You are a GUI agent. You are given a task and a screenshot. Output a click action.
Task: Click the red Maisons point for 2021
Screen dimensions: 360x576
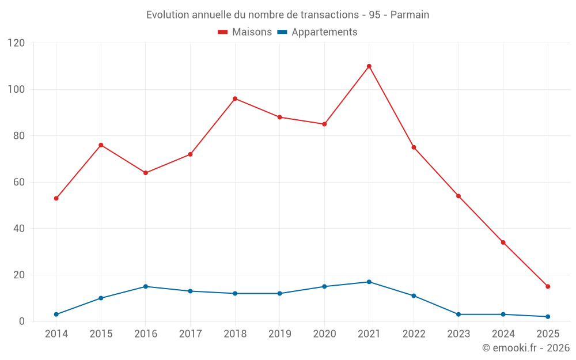click(x=369, y=66)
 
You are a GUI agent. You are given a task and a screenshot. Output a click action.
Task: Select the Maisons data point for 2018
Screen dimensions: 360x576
click(x=235, y=98)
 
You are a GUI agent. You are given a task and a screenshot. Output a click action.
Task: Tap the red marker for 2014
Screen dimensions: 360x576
click(x=56, y=198)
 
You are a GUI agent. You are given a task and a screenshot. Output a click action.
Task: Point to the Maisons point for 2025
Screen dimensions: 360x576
click(x=548, y=286)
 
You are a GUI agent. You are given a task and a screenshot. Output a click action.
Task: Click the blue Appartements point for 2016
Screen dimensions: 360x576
click(x=146, y=286)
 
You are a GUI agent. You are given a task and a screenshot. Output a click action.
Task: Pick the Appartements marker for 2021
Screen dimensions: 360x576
click(x=369, y=282)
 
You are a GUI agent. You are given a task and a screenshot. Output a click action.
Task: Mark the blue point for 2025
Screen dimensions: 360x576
click(x=548, y=316)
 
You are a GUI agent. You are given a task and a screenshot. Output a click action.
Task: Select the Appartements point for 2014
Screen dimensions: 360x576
click(x=56, y=314)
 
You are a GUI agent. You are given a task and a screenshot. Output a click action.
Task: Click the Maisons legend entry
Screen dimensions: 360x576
click(x=245, y=32)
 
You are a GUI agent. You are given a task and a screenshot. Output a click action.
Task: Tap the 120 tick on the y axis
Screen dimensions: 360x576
click(x=17, y=43)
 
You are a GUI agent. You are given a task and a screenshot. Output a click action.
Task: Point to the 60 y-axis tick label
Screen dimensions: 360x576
click(x=20, y=182)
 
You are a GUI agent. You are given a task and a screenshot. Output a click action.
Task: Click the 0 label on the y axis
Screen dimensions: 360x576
click(x=22, y=321)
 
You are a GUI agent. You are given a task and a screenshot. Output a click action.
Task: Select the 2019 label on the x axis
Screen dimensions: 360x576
click(x=279, y=334)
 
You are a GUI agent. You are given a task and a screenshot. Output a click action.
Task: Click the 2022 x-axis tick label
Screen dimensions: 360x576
click(x=414, y=334)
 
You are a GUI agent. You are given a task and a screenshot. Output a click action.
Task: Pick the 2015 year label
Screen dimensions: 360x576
click(x=101, y=334)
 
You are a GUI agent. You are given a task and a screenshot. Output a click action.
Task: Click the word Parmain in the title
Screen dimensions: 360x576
click(x=410, y=15)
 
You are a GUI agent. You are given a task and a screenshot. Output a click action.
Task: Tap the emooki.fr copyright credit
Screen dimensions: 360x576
click(x=526, y=348)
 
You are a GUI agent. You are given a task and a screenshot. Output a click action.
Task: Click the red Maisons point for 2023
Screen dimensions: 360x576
click(x=458, y=196)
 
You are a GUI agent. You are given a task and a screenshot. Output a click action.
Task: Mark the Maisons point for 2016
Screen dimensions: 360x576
click(x=146, y=173)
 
